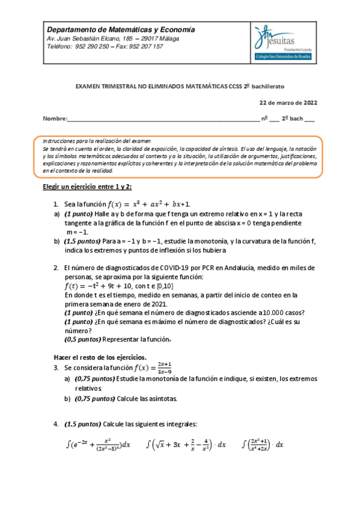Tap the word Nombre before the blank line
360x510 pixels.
[55, 119]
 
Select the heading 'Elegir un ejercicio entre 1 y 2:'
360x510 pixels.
[87, 187]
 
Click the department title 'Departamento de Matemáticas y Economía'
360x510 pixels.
[121, 29]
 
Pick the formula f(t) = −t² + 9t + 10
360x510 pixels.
[105, 286]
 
